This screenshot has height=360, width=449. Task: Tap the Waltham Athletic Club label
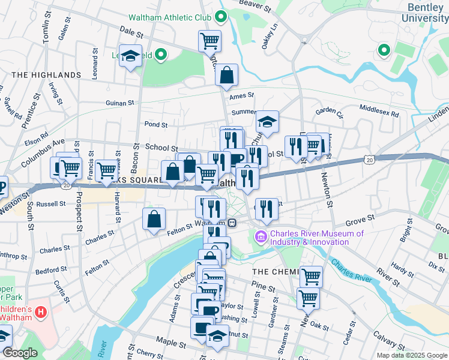click(x=173, y=17)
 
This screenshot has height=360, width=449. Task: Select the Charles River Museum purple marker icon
click(x=261, y=238)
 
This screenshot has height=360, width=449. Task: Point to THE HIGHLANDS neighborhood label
click(x=46, y=75)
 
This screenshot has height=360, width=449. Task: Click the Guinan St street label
click(x=119, y=103)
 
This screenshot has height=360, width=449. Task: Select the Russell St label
click(x=50, y=204)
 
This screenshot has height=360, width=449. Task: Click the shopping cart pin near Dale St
click(x=209, y=41)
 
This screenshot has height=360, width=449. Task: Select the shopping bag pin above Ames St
click(x=227, y=75)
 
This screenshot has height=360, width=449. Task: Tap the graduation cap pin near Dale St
click(x=130, y=56)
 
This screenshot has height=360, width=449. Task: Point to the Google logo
click(x=19, y=353)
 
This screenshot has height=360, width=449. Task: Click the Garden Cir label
click(x=329, y=110)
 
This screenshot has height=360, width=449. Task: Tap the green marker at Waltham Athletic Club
click(x=220, y=17)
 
